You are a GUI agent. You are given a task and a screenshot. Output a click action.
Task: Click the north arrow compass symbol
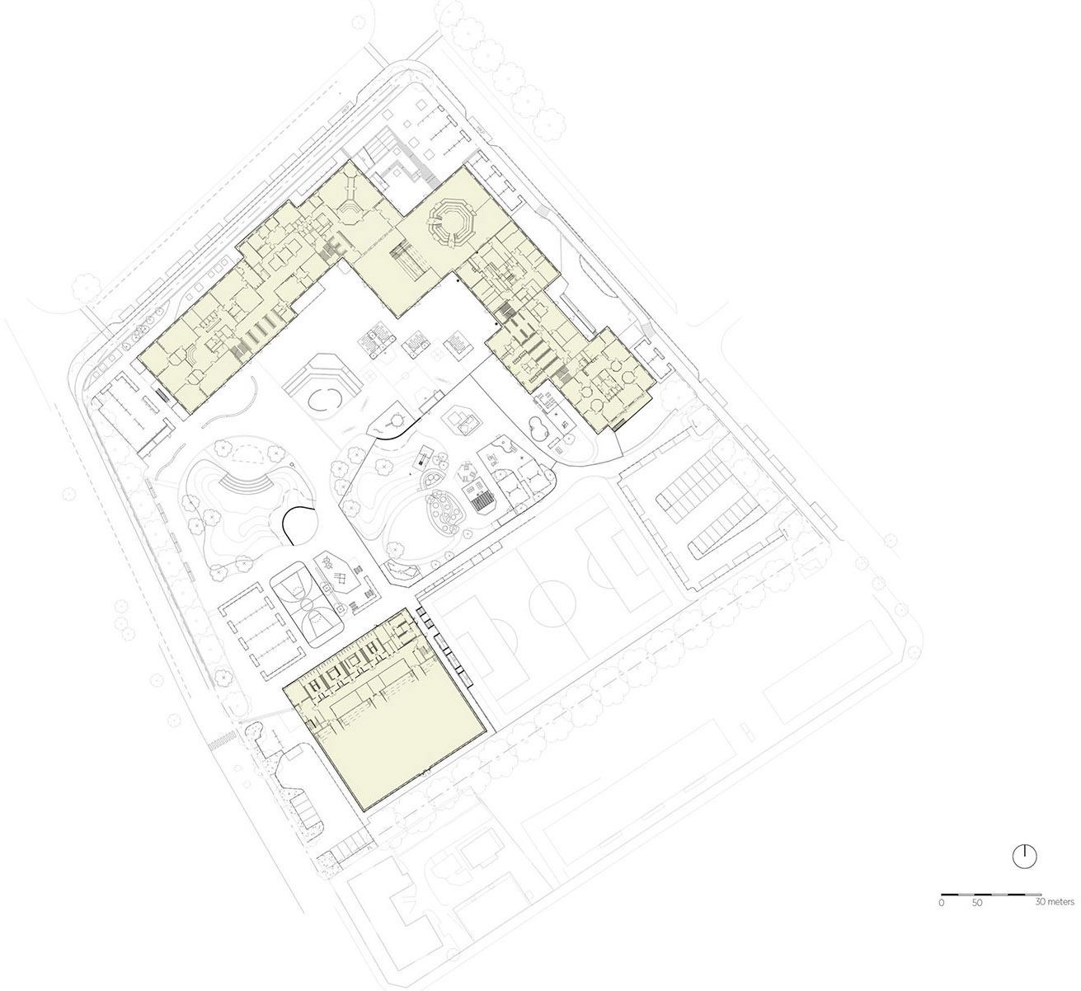[x=1023, y=856]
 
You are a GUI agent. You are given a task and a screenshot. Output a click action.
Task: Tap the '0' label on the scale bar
[x=941, y=904]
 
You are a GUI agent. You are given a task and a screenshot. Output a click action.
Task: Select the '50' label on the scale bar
[x=976, y=904]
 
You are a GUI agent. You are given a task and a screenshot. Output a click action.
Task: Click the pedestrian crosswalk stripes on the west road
[x=218, y=743]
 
